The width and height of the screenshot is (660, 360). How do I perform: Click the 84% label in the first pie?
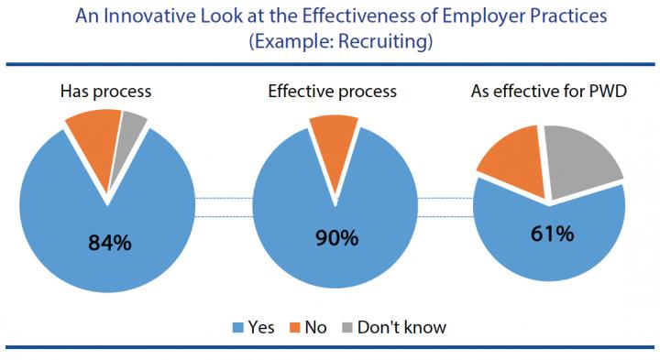(x=109, y=244)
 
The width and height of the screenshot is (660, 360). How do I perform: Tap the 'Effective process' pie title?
(x=332, y=92)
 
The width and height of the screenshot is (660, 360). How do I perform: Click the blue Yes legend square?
(x=241, y=326)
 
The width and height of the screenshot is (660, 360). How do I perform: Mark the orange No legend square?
(x=297, y=326)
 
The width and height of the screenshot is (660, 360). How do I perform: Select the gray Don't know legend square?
(x=349, y=326)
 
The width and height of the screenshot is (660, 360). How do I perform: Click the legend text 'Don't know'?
(x=401, y=326)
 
